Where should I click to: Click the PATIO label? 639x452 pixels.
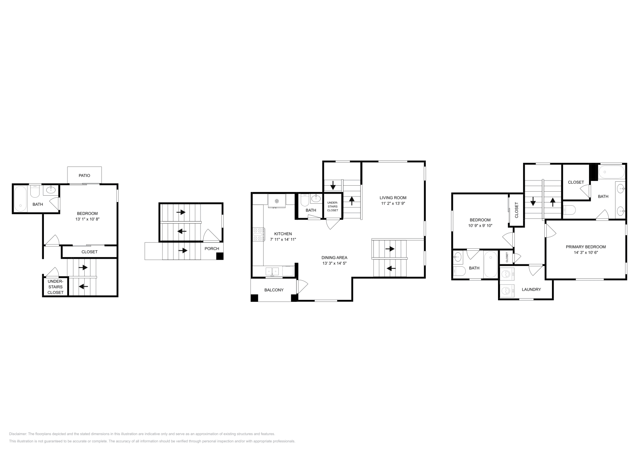[84, 175]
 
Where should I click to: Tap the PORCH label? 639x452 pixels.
[212, 248]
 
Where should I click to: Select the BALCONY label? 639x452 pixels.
[274, 290]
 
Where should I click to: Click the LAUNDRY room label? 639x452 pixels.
[531, 289]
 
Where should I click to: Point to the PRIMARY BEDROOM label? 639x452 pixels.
[585, 247]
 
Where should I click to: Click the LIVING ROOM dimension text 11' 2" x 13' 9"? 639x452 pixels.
[393, 204]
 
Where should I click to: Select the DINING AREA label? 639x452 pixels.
[335, 258]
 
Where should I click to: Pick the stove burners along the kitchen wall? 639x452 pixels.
[258, 234]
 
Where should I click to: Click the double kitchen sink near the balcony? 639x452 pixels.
[274, 272]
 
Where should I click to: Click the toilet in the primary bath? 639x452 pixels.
[569, 210]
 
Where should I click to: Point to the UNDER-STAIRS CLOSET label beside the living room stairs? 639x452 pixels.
[332, 206]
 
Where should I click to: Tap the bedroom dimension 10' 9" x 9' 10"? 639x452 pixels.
[480, 225]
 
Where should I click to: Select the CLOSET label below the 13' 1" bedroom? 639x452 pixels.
[89, 252]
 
